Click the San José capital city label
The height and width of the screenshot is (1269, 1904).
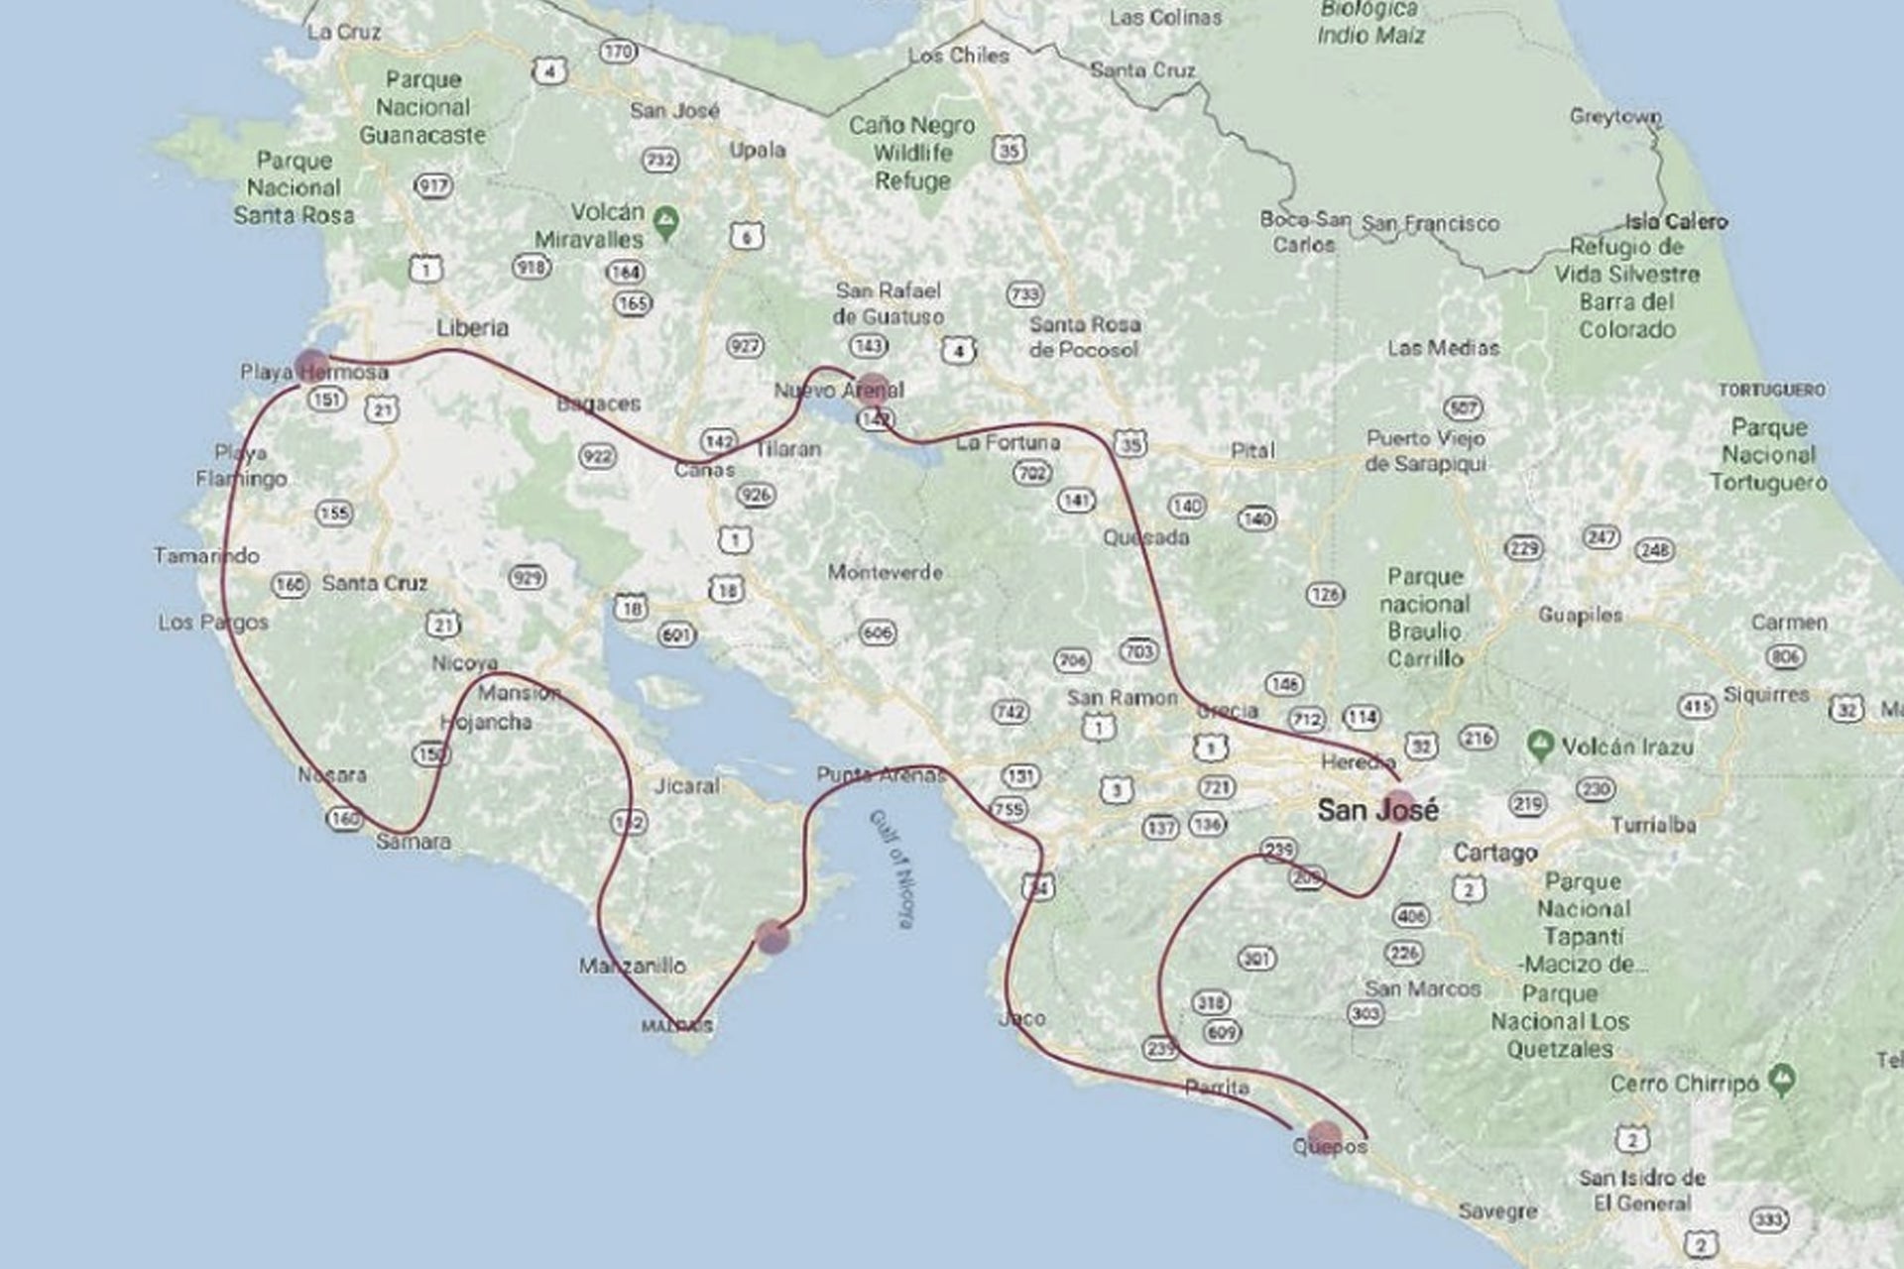pos(1376,810)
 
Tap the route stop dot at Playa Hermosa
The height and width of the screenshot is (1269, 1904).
pos(311,363)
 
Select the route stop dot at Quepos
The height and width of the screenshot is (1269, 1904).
pos(1324,1135)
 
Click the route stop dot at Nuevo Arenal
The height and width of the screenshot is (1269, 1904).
pos(873,387)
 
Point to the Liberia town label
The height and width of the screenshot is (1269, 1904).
pos(473,327)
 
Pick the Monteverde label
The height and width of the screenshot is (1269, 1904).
pos(885,572)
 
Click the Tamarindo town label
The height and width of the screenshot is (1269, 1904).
pos(206,555)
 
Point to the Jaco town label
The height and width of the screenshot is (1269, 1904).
pos(1021,1018)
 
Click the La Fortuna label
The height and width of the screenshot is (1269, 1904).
pos(1008,442)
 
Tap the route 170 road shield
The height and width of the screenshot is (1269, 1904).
pos(618,52)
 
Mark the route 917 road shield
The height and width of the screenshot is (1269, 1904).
pos(433,185)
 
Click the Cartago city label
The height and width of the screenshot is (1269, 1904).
pos(1494,853)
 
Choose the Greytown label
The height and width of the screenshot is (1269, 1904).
pos(1614,117)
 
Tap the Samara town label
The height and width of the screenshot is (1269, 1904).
pos(414,842)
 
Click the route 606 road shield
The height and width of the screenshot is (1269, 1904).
pos(878,632)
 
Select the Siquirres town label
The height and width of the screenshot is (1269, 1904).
pos(1766,694)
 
